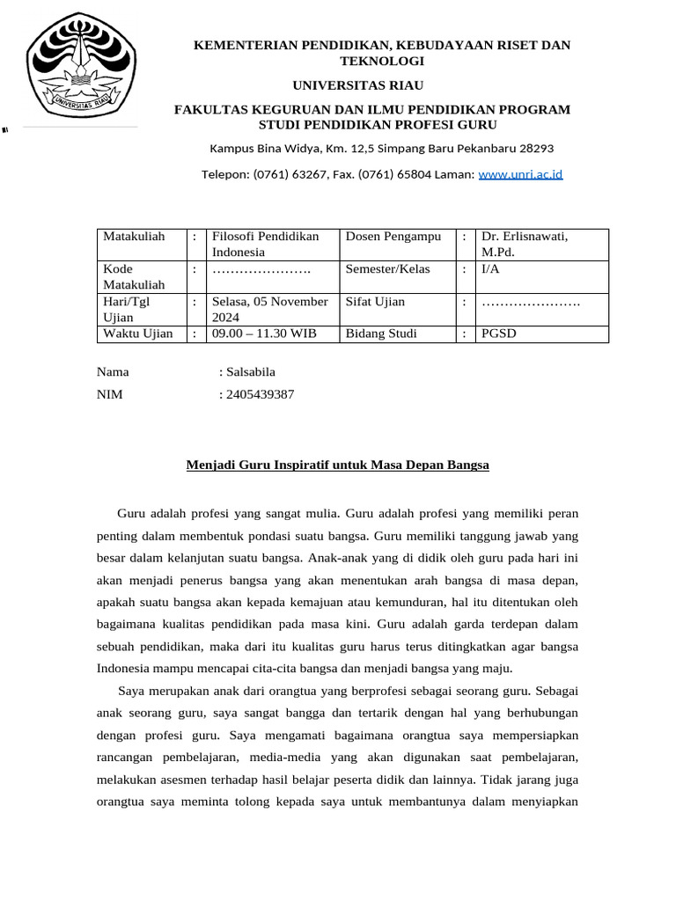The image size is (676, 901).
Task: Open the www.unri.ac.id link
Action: tap(520, 174)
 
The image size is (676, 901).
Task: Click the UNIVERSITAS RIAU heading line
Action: tap(357, 84)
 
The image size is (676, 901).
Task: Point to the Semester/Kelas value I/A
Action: tap(489, 269)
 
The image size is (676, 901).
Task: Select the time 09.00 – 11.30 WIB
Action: tap(263, 333)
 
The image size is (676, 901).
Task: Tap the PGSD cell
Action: tap(497, 333)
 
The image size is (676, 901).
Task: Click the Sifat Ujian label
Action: tap(376, 302)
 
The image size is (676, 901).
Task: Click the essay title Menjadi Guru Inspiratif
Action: tap(337, 465)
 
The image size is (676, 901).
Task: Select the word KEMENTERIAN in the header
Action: tap(245, 45)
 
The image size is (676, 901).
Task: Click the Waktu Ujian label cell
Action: tap(138, 333)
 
